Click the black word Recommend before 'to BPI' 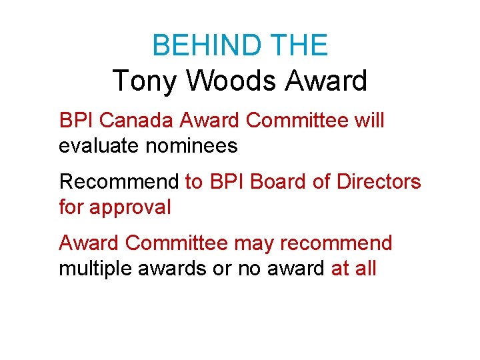(x=119, y=181)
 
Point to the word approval (x=130, y=207)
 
